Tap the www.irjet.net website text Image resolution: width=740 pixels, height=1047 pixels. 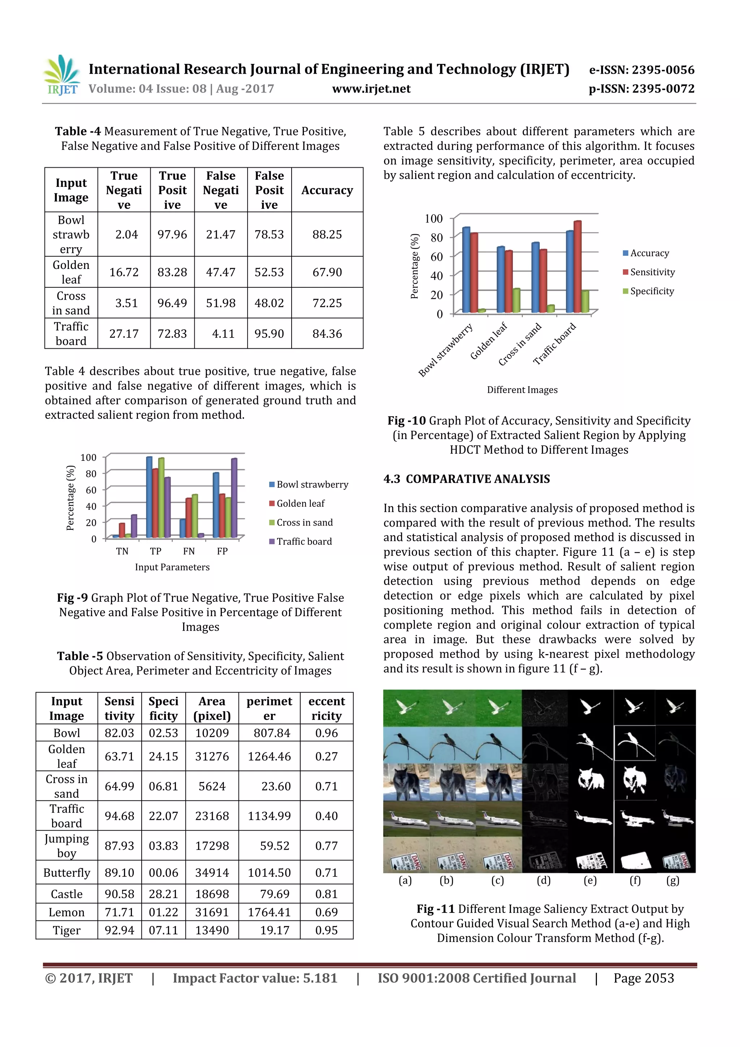click(371, 89)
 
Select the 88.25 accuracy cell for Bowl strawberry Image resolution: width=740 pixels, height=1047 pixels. click(327, 235)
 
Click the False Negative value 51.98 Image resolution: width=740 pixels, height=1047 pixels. click(221, 303)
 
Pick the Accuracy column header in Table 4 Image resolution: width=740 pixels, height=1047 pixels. click(327, 190)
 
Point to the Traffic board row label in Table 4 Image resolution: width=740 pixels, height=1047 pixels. click(71, 334)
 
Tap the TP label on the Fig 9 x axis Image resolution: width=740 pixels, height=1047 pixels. click(155, 551)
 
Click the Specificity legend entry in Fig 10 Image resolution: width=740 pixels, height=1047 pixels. click(651, 291)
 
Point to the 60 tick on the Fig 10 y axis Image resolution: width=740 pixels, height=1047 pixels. click(436, 257)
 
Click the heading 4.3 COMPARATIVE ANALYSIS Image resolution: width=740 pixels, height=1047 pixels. click(466, 479)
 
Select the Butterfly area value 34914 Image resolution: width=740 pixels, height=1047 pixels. click(212, 873)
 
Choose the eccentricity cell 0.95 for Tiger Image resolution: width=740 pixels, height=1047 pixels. click(326, 930)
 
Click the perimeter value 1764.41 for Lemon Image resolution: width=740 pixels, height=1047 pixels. click(269, 912)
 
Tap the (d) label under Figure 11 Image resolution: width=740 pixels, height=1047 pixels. click(543, 880)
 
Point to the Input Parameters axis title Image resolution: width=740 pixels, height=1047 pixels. click(172, 567)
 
